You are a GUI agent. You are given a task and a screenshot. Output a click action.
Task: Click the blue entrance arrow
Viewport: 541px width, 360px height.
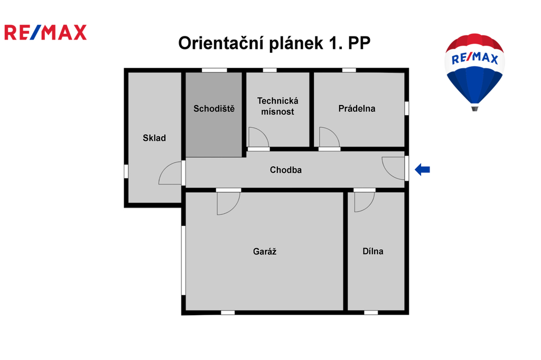422,169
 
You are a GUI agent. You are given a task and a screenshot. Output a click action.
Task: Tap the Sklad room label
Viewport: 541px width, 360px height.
154,138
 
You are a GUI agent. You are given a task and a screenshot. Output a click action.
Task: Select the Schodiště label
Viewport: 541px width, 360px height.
214,109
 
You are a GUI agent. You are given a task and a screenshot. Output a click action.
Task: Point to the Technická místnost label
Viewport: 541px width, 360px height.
278,106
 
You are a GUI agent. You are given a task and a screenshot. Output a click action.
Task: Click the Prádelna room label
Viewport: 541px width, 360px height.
357,109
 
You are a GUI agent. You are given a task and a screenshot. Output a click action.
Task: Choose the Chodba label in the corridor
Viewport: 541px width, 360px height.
286,170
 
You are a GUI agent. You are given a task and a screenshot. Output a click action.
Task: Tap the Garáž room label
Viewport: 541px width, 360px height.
265,251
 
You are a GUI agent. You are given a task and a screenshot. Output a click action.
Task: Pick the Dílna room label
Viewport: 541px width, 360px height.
373,251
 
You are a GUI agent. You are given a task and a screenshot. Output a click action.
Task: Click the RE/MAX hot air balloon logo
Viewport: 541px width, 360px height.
475,72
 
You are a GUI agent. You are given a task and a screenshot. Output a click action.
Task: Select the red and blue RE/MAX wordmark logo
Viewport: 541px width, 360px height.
45,32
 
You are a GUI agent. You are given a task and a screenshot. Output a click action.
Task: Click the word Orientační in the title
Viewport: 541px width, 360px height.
221,43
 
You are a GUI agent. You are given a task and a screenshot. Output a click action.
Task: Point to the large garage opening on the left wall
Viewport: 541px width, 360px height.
183,260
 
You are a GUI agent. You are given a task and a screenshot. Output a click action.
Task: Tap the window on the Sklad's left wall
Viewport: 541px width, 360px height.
126,172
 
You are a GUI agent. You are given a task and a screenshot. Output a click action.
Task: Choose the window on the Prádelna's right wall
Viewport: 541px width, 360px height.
407,108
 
